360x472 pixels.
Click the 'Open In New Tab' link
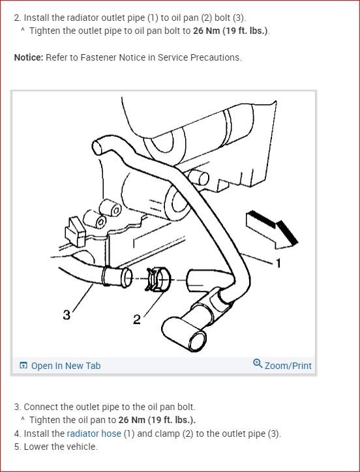pos(66,366)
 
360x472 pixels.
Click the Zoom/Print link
pos(288,366)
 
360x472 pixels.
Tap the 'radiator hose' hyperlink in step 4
pos(94,434)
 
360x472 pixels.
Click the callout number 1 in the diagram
pos(278,263)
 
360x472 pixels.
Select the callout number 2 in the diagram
pos(137,319)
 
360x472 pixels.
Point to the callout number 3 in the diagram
pos(67,315)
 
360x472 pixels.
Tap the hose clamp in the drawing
pos(157,280)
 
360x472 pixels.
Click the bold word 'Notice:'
pos(29,57)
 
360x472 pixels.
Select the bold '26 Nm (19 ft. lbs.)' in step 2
pos(230,31)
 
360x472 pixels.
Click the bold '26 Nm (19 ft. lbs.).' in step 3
pos(157,420)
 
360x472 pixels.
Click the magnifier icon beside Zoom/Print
pos(258,363)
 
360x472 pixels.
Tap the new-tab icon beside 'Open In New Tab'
pos(23,366)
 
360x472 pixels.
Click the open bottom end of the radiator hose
pos(198,340)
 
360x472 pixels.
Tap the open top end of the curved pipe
pos(97,147)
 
